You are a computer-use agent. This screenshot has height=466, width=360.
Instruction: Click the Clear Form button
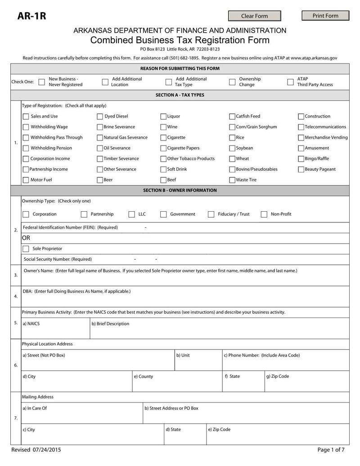point(254,16)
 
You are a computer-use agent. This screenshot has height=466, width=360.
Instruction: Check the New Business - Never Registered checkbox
point(41,82)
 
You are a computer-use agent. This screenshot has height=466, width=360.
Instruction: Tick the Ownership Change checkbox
point(232,82)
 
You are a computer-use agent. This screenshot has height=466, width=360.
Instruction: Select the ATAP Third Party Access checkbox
point(290,82)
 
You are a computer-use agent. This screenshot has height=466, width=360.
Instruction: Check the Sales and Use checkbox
point(26,117)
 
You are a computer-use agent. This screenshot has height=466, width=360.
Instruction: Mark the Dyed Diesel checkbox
point(100,117)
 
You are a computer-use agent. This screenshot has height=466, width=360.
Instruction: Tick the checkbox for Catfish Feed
point(232,117)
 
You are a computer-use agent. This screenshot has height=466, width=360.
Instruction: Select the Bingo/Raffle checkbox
point(301,159)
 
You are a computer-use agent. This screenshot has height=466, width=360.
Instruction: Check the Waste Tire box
point(232,180)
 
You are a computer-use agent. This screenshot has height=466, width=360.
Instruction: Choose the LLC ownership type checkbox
point(131,214)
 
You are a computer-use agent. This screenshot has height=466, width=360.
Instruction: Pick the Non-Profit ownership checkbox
point(264,214)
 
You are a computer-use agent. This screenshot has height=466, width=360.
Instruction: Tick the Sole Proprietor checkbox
point(26,249)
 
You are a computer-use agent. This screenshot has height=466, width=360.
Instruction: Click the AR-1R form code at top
point(31,17)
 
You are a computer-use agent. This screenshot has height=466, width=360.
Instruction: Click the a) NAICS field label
point(31,324)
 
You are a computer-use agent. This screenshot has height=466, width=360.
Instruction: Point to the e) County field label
point(143,376)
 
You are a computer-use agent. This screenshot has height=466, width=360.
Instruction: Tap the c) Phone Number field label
point(261,355)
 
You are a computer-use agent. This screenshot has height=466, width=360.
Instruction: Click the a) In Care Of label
point(35,408)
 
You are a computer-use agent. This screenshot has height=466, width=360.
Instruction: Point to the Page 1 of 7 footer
point(331,450)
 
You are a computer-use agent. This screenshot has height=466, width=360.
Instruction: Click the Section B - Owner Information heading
point(180,190)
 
